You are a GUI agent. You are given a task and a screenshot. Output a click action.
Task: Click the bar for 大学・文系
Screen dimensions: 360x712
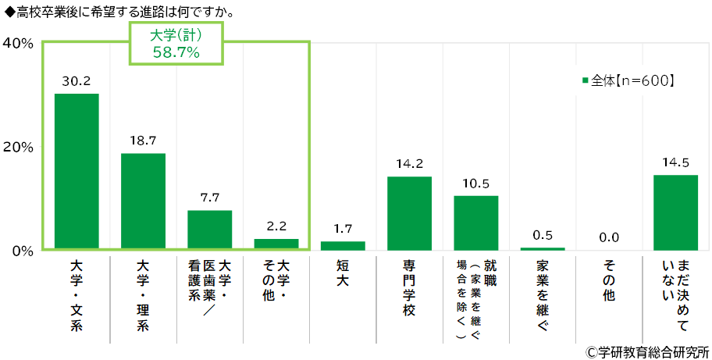point(77,172)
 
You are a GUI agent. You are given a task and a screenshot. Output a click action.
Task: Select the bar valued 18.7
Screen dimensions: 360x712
point(143,201)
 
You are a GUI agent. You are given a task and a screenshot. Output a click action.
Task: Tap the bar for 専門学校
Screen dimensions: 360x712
point(409,213)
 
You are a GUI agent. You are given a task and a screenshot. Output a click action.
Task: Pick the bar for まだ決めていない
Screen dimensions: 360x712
point(675,212)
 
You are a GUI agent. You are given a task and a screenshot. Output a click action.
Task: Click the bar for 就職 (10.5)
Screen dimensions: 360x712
point(475,223)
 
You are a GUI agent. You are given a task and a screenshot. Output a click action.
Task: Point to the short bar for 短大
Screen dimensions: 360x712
point(343,245)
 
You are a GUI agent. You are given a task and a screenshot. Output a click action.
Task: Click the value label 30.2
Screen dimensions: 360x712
point(77,80)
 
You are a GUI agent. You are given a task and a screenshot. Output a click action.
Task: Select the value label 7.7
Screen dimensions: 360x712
point(209,198)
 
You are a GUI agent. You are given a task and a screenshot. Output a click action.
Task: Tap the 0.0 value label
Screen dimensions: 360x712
point(609,237)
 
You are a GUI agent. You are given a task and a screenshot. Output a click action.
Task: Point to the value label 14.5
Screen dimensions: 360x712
point(675,162)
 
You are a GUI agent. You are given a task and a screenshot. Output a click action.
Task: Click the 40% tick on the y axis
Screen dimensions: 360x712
point(17,44)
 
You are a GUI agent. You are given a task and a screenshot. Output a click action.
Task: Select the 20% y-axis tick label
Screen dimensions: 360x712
point(17,148)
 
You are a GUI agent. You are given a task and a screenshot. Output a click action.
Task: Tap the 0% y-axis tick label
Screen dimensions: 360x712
point(21,251)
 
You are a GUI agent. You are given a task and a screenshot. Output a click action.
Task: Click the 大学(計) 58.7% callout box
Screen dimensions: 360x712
point(176,44)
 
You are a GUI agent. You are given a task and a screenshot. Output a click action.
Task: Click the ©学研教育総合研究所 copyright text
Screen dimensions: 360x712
point(647,351)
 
